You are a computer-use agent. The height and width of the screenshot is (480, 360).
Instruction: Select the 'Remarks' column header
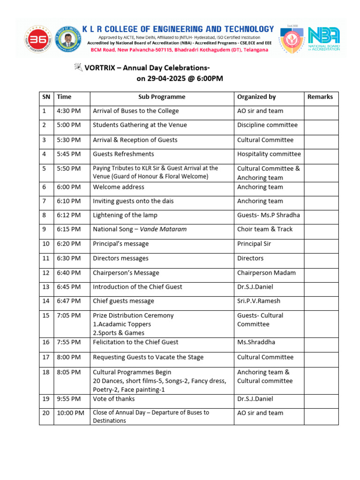[320, 97]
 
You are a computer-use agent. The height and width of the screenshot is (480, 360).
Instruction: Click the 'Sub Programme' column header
[162, 97]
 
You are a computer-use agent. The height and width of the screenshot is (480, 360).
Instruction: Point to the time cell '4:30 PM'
[68, 111]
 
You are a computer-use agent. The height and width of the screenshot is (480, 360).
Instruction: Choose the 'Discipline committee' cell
[267, 125]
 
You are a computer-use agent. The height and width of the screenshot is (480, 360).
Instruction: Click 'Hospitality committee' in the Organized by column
[269, 154]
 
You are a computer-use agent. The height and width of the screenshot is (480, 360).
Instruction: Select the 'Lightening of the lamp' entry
[125, 215]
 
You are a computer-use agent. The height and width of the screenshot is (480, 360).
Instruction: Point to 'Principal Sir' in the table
[254, 244]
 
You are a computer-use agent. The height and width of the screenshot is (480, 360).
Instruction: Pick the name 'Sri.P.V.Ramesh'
[259, 301]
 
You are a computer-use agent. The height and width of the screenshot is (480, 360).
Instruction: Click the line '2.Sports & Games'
[119, 333]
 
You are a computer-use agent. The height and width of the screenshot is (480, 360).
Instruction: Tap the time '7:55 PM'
[68, 342]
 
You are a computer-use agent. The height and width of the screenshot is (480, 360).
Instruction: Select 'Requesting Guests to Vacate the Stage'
[148, 357]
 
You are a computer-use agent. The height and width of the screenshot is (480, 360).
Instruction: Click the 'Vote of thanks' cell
[114, 399]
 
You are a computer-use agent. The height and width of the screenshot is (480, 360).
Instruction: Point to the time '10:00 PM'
[70, 413]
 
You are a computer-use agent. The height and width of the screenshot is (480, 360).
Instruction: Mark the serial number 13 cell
[45, 287]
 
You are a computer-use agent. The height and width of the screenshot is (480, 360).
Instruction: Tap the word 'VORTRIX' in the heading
[99, 67]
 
